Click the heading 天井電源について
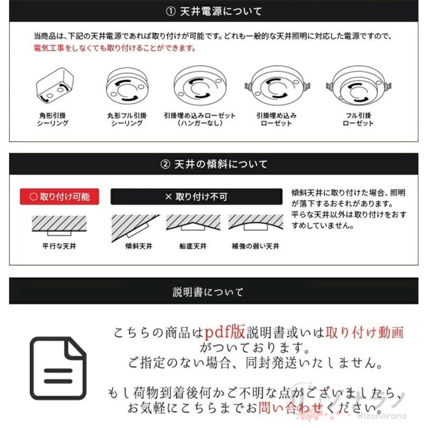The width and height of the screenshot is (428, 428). [214, 11]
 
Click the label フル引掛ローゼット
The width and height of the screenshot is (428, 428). [358, 119]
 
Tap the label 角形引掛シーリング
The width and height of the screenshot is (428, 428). [53, 119]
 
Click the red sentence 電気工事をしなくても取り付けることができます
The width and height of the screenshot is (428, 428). [115, 49]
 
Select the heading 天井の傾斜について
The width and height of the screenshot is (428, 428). [214, 164]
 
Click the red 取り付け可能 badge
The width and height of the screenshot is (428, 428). [59, 196]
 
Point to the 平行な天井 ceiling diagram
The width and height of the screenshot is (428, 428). [59, 225]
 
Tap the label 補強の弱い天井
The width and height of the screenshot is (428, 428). [255, 246]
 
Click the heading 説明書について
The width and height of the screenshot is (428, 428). [208, 292]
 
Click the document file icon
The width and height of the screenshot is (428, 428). [58, 368]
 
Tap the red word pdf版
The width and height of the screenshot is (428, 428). [225, 331]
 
